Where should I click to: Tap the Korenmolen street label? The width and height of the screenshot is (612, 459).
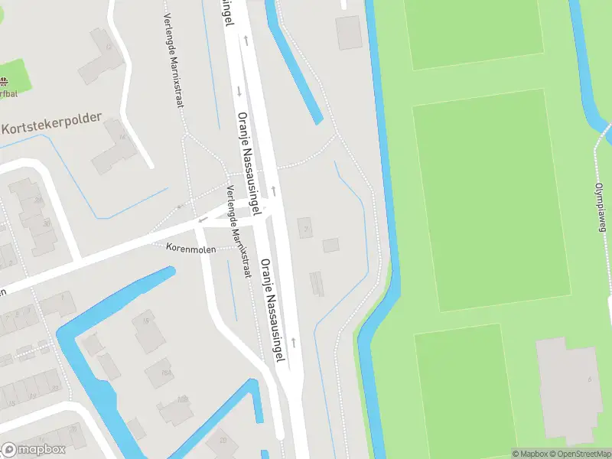pos(191,248)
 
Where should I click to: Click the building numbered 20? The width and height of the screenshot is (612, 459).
pos(223,439)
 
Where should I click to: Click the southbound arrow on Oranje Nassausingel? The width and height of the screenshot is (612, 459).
pos(239,91)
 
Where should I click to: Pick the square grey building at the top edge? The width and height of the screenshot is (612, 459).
pos(349,32)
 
